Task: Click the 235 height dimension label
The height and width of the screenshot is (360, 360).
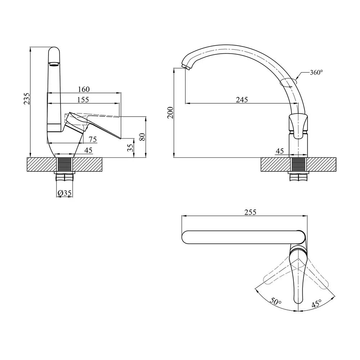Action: tap(27, 99)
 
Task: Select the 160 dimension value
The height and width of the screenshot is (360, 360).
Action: tap(84, 89)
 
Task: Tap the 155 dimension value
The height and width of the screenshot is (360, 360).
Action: tap(83, 100)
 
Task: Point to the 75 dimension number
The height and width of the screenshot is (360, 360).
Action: tap(93, 139)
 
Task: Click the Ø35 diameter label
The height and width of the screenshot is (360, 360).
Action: tap(64, 193)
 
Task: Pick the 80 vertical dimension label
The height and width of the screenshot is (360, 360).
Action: tap(142, 137)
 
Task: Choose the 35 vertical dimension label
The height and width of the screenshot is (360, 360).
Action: tap(130, 148)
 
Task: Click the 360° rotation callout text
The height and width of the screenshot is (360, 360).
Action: tap(316, 72)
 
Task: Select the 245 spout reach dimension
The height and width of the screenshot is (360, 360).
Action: tap(242, 100)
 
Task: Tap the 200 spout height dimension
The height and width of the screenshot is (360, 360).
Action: tap(170, 112)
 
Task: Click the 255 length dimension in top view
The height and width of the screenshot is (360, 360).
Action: tap(250, 212)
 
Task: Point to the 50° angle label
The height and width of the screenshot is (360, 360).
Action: tap(275, 301)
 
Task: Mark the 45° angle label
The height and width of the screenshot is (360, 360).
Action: tap(316, 304)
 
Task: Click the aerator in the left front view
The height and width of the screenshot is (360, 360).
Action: tap(54, 64)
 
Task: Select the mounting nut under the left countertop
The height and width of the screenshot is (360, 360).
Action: tap(64, 173)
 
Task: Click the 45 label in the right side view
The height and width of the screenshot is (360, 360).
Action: tap(280, 151)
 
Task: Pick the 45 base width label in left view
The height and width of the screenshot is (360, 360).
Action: tap(89, 150)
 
